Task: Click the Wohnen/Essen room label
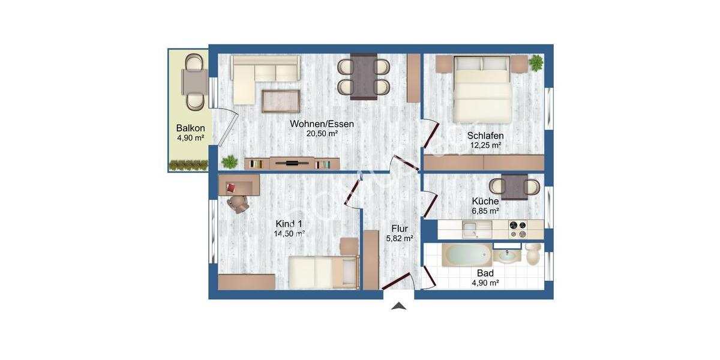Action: click(x=322, y=124)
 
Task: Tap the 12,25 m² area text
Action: click(x=485, y=145)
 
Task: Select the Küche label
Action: click(x=485, y=202)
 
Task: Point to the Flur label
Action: click(x=400, y=229)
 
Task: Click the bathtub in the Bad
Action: click(x=467, y=256)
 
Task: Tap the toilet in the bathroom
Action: click(x=532, y=254)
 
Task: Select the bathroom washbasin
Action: click(x=508, y=256)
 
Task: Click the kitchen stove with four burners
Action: click(x=517, y=229)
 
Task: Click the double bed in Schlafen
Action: click(x=482, y=89)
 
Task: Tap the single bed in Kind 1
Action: click(x=321, y=271)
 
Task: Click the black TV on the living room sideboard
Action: click(x=292, y=163)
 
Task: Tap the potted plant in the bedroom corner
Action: click(x=535, y=62)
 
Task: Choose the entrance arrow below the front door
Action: click(x=399, y=306)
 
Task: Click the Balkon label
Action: click(x=190, y=128)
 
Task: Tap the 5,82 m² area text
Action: click(x=400, y=238)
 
